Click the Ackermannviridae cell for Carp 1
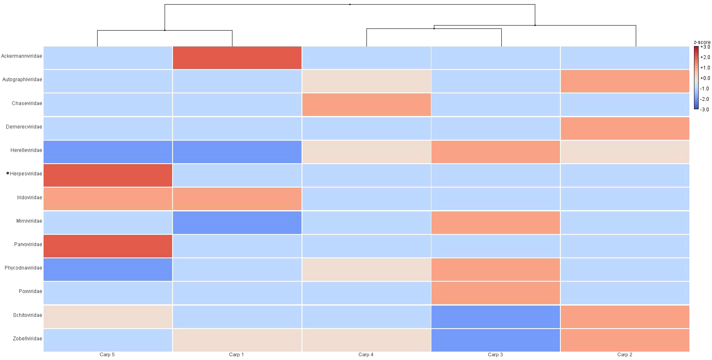point(237,58)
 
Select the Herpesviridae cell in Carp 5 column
point(108,175)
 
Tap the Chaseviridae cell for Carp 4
point(366,105)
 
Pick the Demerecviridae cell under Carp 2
point(625,129)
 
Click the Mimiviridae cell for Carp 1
point(237,223)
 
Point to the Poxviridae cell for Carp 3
point(495,293)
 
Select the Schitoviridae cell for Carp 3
point(495,317)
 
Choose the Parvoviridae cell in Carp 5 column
point(108,246)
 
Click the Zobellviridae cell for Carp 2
point(625,340)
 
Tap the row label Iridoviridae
point(29,198)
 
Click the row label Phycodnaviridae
point(23,268)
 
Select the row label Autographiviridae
point(22,80)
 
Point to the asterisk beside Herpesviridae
point(8,173)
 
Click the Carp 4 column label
point(366,355)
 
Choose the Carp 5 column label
point(107,355)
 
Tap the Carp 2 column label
point(624,355)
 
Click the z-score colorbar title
point(702,42)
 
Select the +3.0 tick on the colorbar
point(705,47)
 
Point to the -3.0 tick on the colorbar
point(705,110)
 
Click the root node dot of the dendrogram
point(350,5)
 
